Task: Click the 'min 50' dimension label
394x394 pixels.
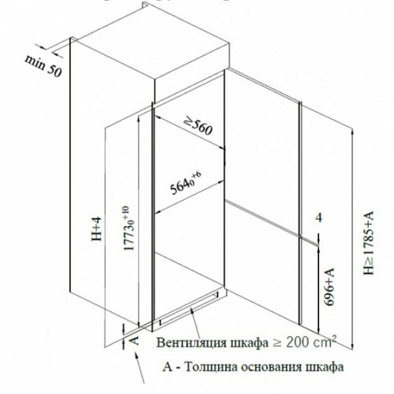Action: click(43, 66)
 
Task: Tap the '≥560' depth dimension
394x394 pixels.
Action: click(198, 126)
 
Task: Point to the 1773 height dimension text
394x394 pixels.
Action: click(129, 228)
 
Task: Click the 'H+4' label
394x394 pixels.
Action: click(96, 229)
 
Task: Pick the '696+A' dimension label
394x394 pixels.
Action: click(329, 287)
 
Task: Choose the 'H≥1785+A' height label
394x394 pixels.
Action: click(368, 243)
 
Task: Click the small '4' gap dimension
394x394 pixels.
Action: click(319, 217)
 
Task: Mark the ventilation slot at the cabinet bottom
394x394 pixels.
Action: click(189, 306)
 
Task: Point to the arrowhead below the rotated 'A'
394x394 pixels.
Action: click(136, 356)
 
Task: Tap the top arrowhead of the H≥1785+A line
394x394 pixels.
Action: click(353, 132)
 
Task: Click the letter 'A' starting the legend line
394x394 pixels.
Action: click(167, 367)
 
